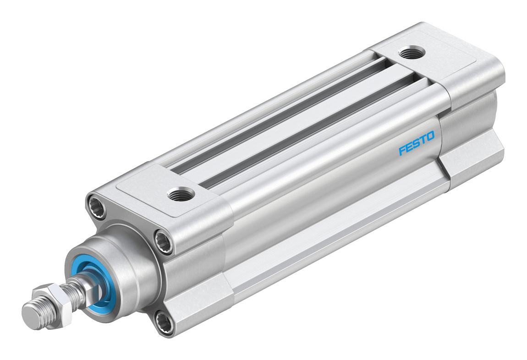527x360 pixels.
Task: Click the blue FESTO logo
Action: (417, 143)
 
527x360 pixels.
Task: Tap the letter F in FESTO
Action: (402, 150)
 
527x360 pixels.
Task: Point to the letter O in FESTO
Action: (431, 136)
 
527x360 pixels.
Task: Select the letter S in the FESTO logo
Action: (417, 143)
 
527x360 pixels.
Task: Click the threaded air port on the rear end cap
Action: (412, 53)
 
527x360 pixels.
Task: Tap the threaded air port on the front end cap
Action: (181, 195)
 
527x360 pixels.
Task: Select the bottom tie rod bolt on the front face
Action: (165, 323)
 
